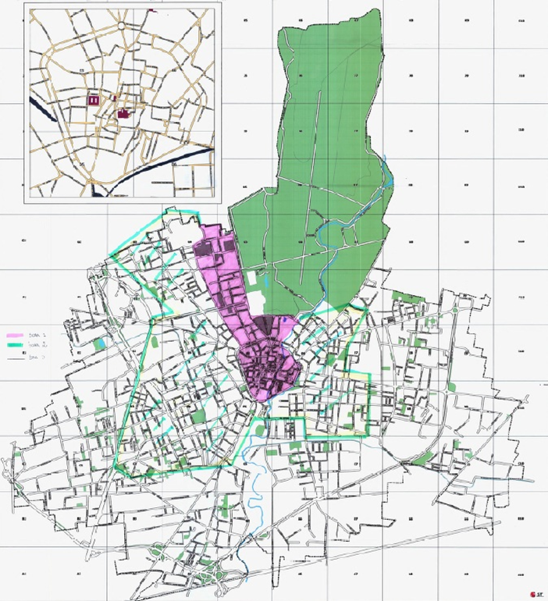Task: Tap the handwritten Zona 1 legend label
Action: click(34, 333)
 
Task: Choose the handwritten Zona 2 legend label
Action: click(34, 344)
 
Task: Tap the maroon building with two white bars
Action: click(94, 100)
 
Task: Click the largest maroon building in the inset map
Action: click(123, 114)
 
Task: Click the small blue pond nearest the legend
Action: click(100, 343)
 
